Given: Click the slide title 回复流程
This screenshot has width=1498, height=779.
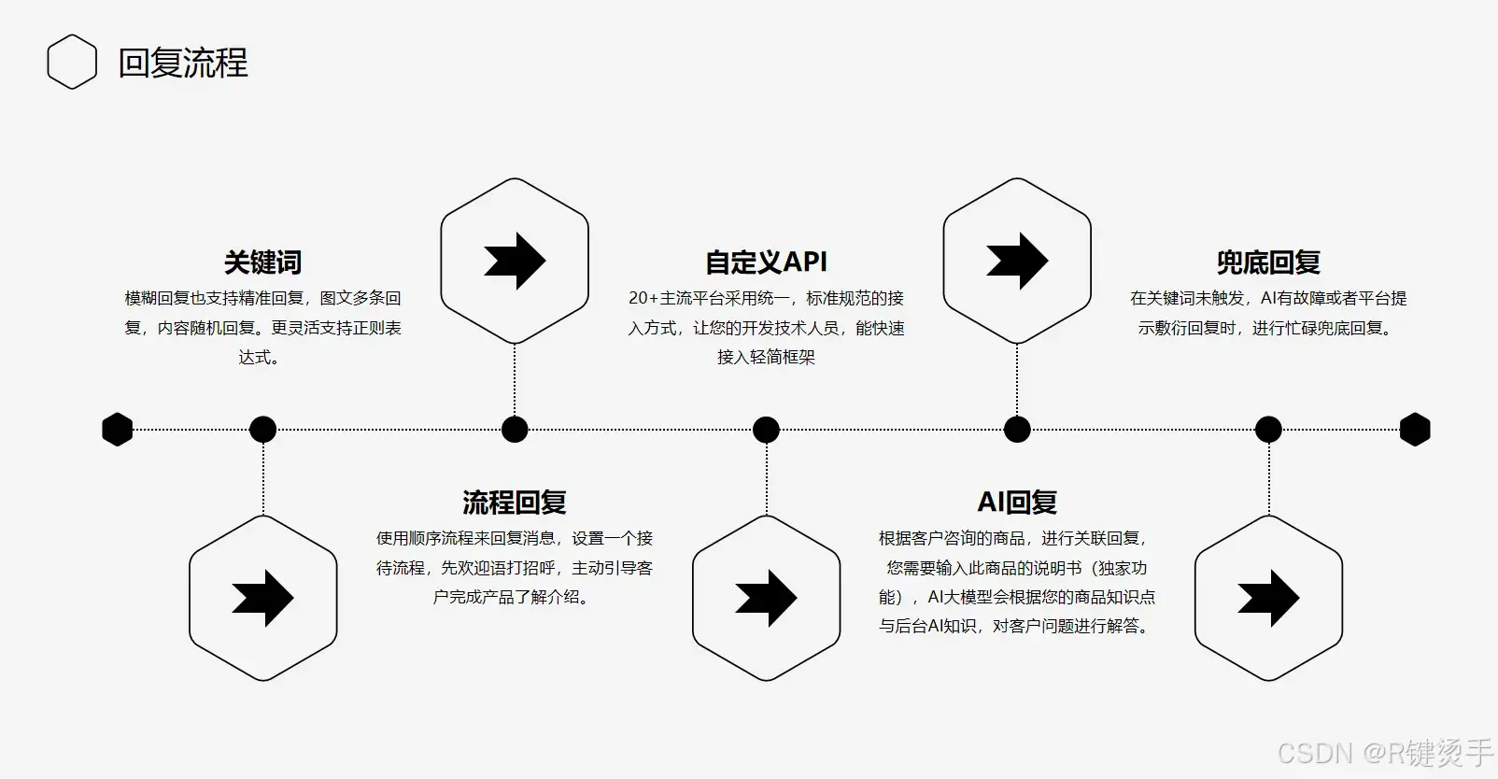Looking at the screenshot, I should pos(183,63).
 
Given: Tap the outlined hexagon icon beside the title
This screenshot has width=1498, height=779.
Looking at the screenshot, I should pos(72,63).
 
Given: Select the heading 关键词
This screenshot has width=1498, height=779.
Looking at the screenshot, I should pos(262,262).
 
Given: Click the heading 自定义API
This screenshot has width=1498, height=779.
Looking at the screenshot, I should pos(766,262).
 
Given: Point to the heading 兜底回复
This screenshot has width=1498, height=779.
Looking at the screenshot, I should pos(1267,262).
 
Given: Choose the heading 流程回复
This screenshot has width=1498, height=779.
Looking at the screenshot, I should pos(515,503).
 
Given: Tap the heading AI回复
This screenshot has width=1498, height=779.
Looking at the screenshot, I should pos(1017,503).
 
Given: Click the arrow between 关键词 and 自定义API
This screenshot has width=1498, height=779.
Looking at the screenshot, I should pos(515,261).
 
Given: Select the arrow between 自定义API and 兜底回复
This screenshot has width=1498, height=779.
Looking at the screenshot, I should pos(1017,261).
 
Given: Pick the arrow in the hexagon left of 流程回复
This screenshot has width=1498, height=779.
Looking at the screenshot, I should pos(262,598).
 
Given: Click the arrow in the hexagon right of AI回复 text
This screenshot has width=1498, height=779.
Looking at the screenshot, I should pos(1268,598).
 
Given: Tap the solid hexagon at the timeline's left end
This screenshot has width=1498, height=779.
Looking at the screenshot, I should pos(118,430).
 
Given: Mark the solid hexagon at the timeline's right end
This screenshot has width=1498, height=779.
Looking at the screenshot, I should pos(1415,430).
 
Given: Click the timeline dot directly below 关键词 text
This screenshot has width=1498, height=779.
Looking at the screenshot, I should pos(262,430).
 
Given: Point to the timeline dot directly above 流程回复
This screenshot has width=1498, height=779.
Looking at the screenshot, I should pos(515,430).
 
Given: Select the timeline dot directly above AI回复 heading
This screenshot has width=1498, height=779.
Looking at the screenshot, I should pos(1017,430).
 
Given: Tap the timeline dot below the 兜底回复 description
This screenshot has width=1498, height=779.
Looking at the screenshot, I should pos(1268,430).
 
